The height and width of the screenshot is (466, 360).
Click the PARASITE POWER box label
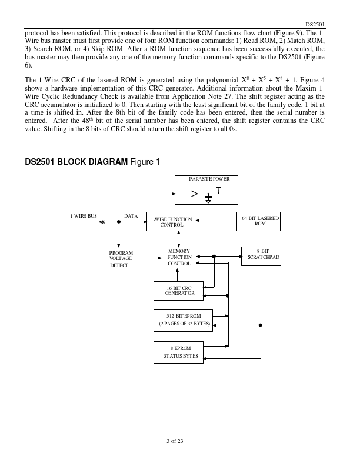209,179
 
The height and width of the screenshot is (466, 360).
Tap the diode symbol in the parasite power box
194,194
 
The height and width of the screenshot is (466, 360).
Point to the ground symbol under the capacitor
208,201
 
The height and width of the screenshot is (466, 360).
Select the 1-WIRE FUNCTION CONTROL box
171,221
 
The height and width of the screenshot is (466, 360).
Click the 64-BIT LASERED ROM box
258,221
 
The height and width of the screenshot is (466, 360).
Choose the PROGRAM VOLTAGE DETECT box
118,258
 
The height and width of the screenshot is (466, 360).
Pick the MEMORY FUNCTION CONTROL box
178,258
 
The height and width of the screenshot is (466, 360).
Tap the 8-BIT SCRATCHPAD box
261,256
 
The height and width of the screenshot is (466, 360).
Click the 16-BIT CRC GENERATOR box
178,291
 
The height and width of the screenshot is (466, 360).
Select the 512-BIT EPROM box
184,321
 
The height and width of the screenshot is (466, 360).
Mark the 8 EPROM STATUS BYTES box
178,352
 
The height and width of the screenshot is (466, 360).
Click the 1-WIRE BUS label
84,216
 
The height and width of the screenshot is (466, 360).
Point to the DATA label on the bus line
131,216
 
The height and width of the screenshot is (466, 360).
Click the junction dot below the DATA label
119,222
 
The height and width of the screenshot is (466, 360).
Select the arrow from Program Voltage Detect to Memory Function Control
148,258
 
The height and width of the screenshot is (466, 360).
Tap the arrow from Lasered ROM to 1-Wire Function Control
216,221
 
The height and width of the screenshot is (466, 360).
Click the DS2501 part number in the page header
315,25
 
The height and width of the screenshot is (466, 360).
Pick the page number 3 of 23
175,441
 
